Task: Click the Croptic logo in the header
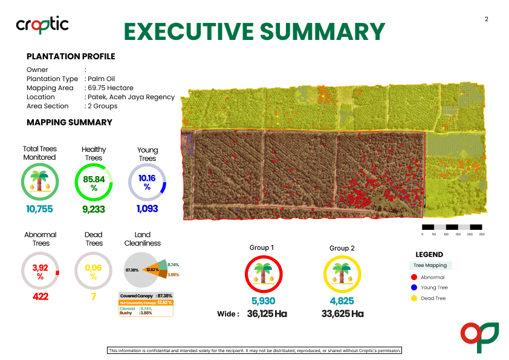42,24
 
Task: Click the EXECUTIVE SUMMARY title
254,31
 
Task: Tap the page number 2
486,19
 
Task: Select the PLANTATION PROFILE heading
71,57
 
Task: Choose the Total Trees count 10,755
40,209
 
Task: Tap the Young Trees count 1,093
147,209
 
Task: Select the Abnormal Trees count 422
41,296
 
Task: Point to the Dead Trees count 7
94,296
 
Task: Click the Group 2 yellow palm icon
342,274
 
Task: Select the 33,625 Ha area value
342,313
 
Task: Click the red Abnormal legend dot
413,277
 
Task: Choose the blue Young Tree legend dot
413,287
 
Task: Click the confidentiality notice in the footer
254,350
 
